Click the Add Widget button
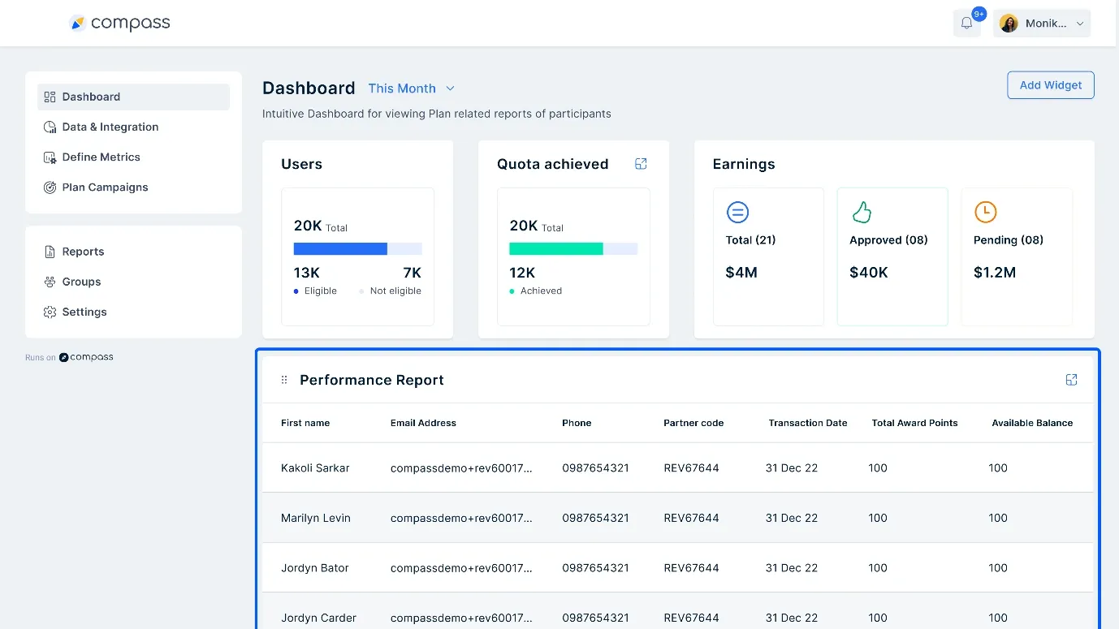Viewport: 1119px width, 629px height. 1050,85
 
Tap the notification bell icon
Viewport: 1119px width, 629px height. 966,24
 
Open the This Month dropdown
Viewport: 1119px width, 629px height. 411,88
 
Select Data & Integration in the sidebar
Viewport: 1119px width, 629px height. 110,127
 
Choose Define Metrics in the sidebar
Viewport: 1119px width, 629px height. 101,157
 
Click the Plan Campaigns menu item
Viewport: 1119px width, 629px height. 105,187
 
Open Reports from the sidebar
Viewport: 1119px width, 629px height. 83,252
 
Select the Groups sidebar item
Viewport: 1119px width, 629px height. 81,282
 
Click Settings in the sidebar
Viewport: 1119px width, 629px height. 84,312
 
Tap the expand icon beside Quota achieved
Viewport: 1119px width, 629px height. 641,164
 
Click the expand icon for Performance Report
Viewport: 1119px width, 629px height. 1071,380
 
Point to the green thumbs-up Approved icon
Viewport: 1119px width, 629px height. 861,213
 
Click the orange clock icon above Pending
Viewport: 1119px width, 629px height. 985,213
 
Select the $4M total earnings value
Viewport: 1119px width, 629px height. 741,273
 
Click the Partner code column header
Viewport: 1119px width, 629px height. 693,423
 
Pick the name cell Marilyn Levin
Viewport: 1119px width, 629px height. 315,518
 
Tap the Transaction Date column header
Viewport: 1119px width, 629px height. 807,423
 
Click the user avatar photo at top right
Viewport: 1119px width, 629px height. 1009,24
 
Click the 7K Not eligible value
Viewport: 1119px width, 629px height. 412,273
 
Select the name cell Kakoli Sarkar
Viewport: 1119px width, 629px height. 314,468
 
